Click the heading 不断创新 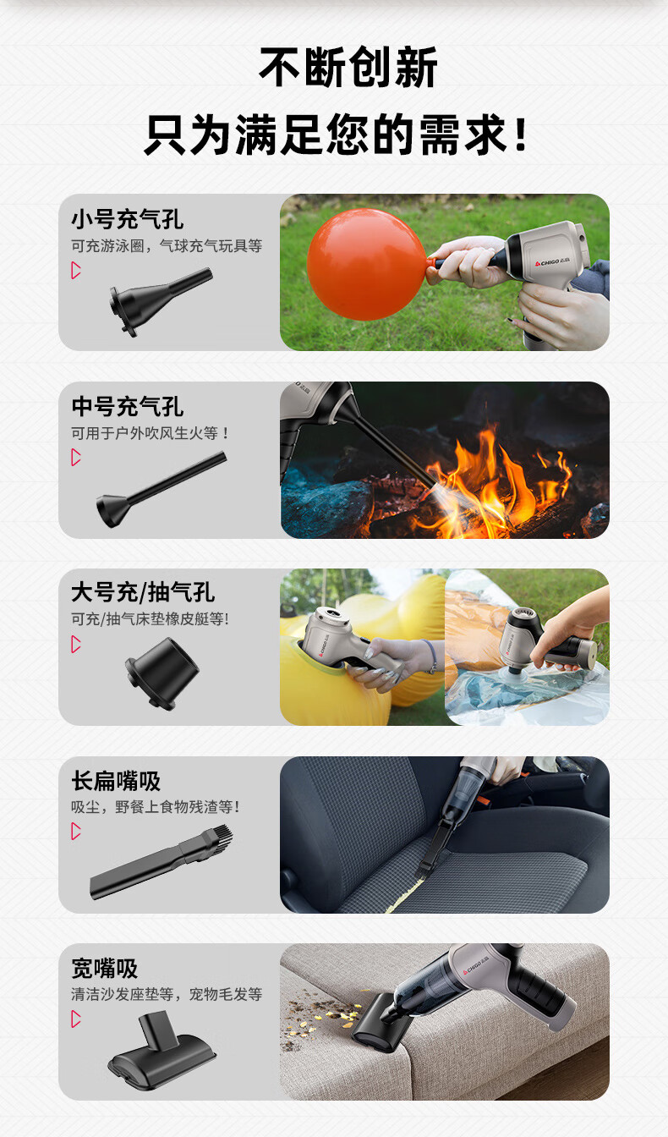tap(348, 67)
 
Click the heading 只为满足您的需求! tap(337, 135)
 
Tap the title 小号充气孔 tap(127, 220)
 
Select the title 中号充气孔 tap(127, 407)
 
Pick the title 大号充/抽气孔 tap(143, 593)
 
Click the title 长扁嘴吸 tap(116, 781)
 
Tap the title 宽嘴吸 tap(105, 968)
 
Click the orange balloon tap(366, 265)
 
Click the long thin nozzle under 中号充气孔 tap(162, 489)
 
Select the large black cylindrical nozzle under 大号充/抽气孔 tap(162, 673)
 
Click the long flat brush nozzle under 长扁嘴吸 tap(162, 862)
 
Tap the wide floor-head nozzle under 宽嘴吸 tap(162, 1050)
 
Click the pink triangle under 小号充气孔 tap(76, 271)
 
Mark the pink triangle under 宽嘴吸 tap(76, 1019)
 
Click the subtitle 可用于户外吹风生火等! tap(150, 433)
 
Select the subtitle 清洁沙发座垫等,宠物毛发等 tap(167, 994)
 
